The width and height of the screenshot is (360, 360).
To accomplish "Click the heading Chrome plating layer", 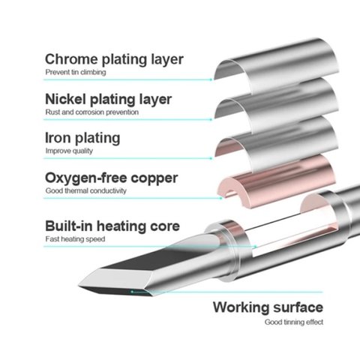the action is (x=114, y=60).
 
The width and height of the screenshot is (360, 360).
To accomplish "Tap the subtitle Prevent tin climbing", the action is (x=76, y=72).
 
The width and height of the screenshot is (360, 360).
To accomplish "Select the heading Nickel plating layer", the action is (x=108, y=100).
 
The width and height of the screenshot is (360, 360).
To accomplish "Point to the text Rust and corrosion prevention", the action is (x=92, y=112).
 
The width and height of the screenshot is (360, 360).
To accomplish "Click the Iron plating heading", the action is (x=82, y=139).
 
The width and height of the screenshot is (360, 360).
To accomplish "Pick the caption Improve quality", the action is (x=69, y=151).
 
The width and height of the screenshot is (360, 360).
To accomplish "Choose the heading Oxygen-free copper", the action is (x=112, y=178).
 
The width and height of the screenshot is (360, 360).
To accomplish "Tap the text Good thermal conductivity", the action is (x=85, y=190).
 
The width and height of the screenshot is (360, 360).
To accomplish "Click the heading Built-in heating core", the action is (x=112, y=226).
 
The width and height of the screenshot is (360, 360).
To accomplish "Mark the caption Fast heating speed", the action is (x=75, y=239).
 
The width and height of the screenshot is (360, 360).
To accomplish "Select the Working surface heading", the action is (x=268, y=307).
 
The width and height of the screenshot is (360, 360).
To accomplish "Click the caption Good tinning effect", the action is (x=294, y=322).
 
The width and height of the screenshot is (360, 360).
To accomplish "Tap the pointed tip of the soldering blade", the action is (x=79, y=286).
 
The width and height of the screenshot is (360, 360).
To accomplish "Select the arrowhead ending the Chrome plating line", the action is (x=211, y=79).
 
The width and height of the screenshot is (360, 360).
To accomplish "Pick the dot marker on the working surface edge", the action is (x=132, y=292).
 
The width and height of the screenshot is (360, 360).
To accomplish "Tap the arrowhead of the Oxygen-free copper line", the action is (x=220, y=198).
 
